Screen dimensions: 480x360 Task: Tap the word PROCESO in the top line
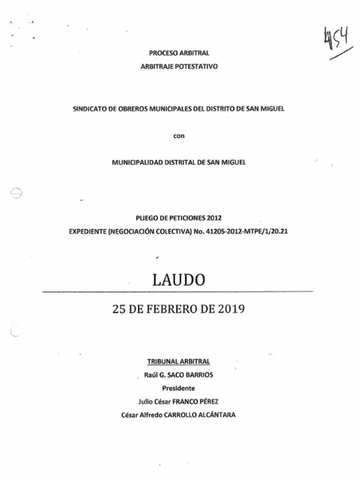161,53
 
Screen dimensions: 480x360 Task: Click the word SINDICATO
88,109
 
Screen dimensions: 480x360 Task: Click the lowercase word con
179,136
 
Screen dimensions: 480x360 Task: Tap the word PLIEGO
146,218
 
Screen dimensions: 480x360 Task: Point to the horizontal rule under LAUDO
178,292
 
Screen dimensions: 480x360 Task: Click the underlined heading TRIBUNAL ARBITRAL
179,361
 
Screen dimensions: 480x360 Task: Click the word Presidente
179,388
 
